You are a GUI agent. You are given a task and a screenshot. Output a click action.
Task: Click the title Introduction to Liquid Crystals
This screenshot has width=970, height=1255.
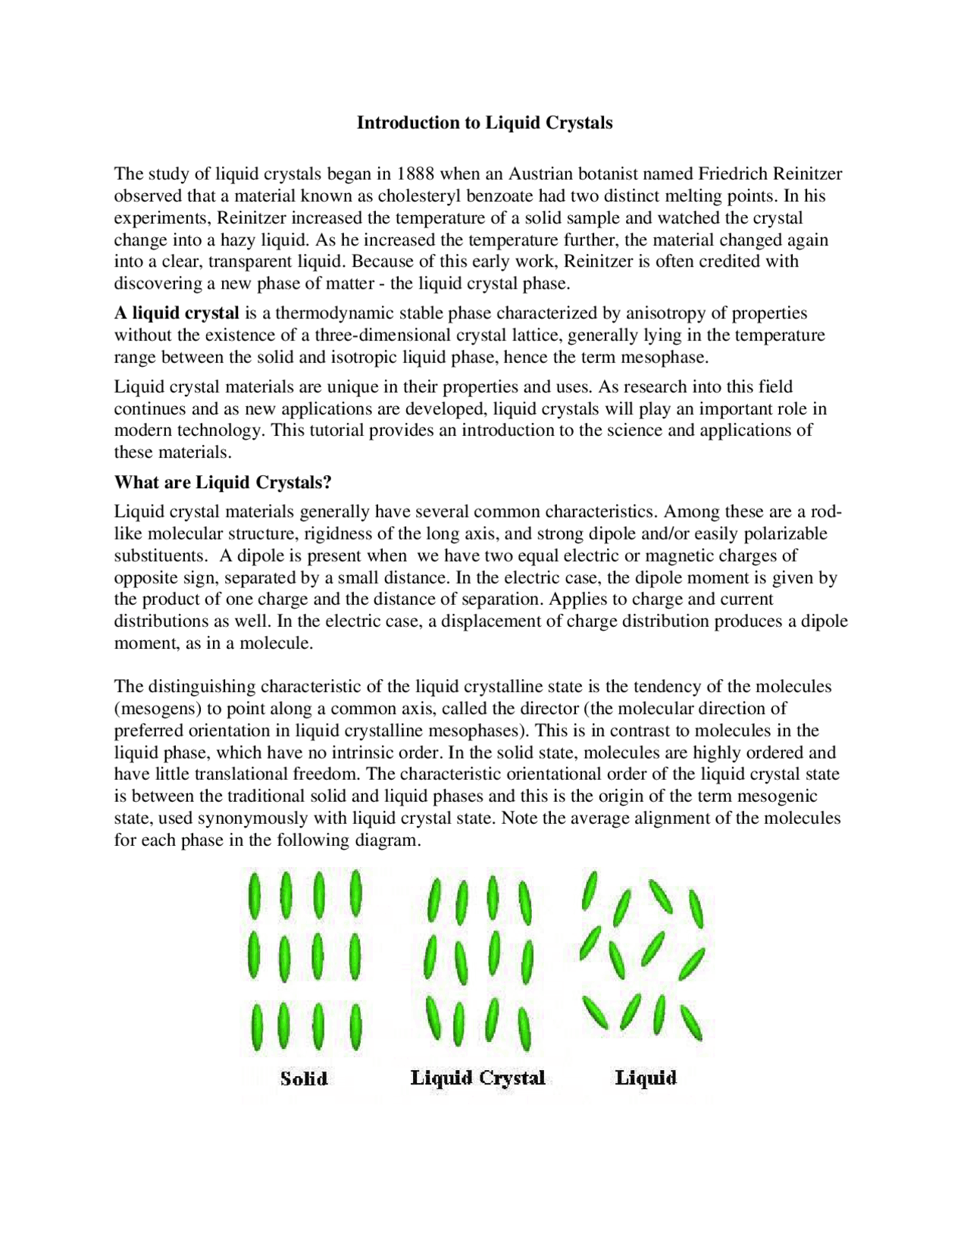coord(484,123)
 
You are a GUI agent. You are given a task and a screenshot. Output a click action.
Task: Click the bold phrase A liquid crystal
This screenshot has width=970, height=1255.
coord(177,313)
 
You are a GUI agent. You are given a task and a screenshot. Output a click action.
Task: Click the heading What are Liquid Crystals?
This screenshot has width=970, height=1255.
coord(223,482)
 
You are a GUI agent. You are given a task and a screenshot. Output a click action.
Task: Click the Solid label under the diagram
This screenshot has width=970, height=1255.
coord(304,1078)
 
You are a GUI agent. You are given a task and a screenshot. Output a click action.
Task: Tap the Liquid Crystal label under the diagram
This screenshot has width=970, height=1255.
coord(477,1078)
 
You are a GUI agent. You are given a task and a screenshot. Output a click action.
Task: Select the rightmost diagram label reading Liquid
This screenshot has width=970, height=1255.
coord(646,1078)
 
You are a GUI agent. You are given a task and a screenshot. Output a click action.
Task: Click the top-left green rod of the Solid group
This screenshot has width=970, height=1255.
coord(255,895)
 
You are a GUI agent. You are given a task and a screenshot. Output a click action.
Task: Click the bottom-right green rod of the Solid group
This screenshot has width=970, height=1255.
coord(355,1028)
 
